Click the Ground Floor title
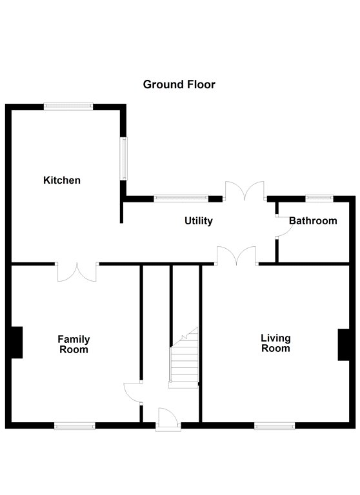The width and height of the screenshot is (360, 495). [x=179, y=84]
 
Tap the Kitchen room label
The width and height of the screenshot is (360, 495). [x=62, y=180]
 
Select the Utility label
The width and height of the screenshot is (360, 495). [x=199, y=220]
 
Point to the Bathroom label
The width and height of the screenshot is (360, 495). [x=313, y=220]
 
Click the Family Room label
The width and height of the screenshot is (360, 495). [x=74, y=344]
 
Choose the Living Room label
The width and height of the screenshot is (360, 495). [x=275, y=343]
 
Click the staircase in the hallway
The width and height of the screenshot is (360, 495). [x=184, y=358]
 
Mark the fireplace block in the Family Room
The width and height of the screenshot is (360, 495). [x=17, y=342]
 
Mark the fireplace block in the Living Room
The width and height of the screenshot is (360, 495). [x=344, y=345]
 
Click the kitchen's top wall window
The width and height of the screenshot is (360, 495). [x=68, y=106]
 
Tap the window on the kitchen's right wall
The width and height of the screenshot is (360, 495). [x=124, y=159]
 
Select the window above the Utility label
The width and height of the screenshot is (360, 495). [x=181, y=199]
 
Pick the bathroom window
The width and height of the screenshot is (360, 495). [x=319, y=199]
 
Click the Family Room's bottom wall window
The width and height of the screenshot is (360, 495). [x=75, y=426]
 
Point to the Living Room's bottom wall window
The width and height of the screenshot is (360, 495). [x=275, y=426]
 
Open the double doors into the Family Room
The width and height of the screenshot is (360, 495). [x=77, y=271]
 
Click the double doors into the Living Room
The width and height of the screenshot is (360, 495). [x=236, y=256]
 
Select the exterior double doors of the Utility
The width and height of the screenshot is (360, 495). [x=245, y=191]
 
